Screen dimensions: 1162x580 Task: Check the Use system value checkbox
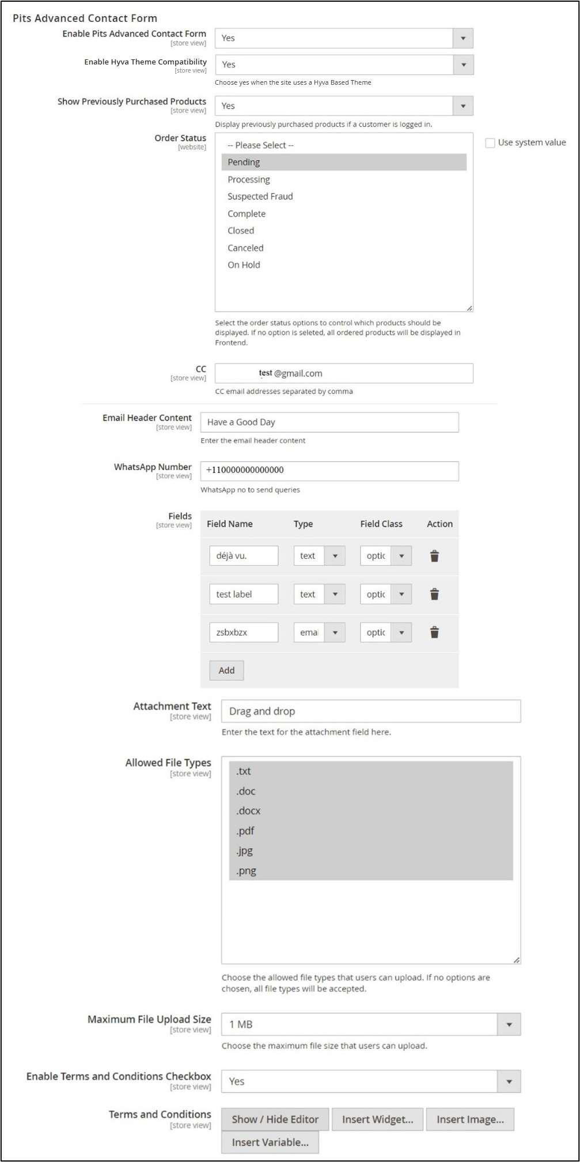490,143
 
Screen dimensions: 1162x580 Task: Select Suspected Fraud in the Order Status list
260,196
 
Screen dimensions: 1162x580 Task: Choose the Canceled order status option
245,248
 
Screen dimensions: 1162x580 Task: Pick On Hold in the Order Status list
244,265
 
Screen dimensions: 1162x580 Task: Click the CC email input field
344,373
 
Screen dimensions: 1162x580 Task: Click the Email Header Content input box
329,422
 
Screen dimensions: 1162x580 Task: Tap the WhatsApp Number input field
329,471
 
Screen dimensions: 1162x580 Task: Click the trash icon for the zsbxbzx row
435,633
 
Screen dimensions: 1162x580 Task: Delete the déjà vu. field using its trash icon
435,556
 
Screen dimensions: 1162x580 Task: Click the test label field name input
244,595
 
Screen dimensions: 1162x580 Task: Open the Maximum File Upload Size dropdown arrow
509,1024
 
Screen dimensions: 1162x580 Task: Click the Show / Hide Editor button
275,1119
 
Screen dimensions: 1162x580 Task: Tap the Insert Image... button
470,1119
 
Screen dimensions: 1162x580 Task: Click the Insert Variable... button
270,1142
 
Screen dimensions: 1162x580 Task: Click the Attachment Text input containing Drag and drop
371,711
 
